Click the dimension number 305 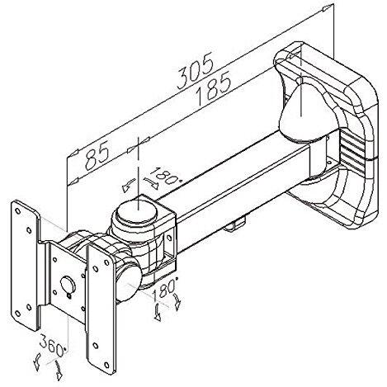[196, 71]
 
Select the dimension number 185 [213, 89]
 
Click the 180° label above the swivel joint [166, 176]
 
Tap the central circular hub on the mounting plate [68, 285]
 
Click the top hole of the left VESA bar [17, 211]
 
